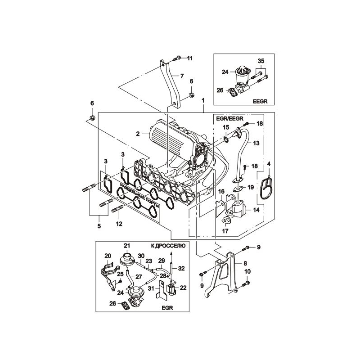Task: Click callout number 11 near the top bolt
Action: [189, 58]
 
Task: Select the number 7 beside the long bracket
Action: [182, 76]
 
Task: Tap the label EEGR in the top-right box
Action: [260, 101]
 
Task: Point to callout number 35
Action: [261, 61]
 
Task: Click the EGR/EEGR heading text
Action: [229, 118]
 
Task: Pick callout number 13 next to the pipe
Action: [256, 143]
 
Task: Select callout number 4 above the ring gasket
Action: [269, 164]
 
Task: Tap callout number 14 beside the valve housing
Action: [256, 210]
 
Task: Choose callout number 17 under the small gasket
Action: [225, 231]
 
